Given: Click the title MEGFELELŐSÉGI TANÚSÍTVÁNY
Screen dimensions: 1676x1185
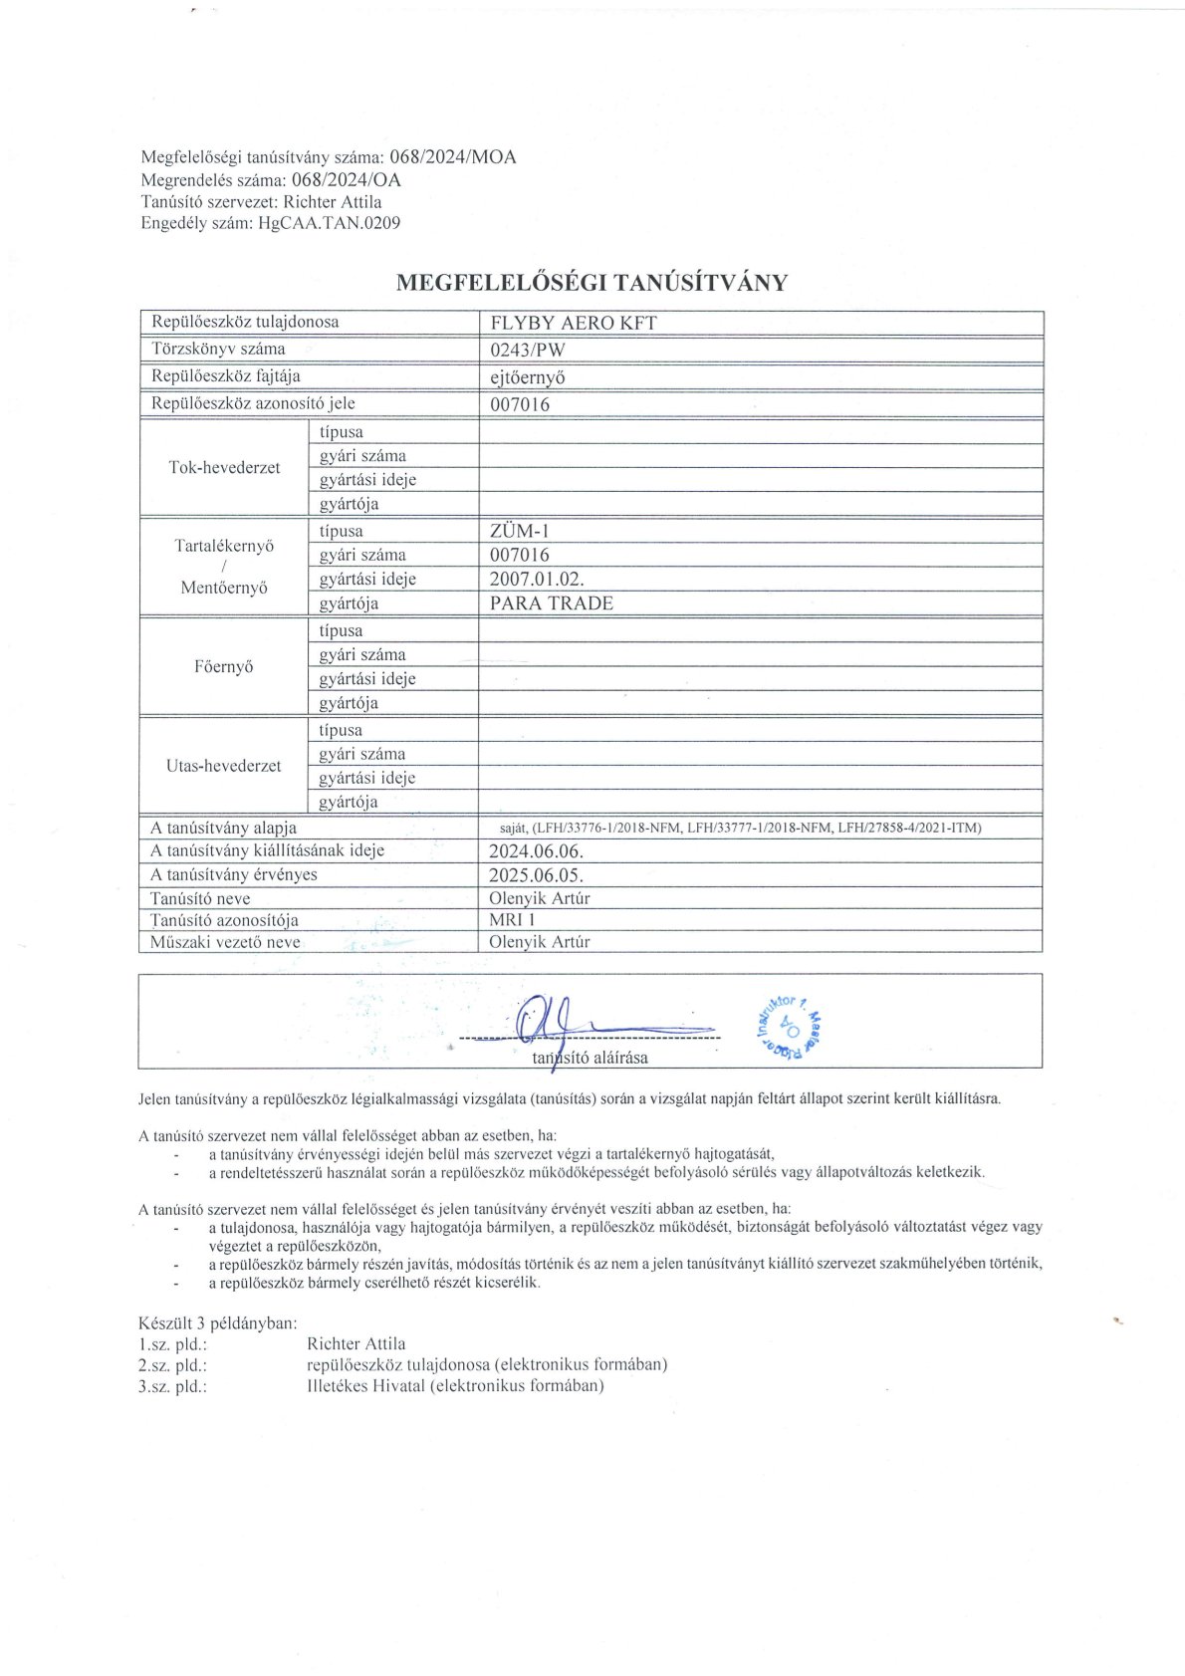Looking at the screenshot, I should (x=592, y=283).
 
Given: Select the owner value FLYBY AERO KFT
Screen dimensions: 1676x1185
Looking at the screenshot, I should (x=574, y=323).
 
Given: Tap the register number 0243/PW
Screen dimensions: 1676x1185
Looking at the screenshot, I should (x=528, y=350).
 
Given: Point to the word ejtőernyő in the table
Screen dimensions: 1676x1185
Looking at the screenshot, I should (x=528, y=377).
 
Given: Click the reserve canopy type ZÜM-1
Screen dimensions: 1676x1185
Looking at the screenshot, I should (x=519, y=532).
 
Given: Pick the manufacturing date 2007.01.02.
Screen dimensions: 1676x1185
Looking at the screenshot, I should (x=536, y=580).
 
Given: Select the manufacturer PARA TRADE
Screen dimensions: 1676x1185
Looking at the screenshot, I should (x=551, y=603).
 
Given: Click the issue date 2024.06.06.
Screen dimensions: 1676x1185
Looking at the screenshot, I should (x=536, y=851).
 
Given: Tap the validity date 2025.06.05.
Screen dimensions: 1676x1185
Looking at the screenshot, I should (x=536, y=875).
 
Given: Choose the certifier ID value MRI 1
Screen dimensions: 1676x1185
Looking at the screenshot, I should (x=512, y=920).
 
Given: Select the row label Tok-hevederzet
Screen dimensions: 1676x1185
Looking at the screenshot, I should (x=224, y=468).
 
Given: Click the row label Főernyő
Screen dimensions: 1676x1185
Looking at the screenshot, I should (x=224, y=667).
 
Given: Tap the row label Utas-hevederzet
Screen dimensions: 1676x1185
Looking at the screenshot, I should (x=224, y=766).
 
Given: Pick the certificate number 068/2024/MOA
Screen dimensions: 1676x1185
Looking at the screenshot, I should (x=452, y=157).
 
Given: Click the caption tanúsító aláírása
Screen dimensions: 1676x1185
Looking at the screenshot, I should (x=590, y=1058).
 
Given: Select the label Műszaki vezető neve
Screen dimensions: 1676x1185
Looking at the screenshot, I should (x=225, y=942).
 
